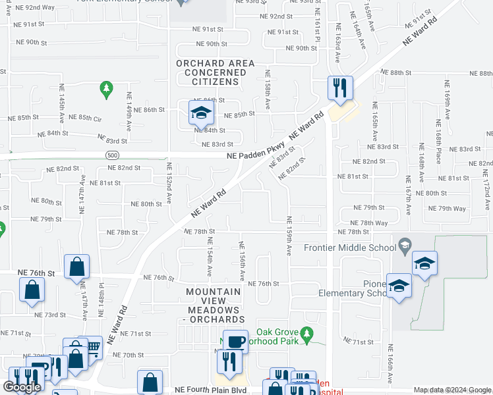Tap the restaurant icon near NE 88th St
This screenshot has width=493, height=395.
coord(340,88)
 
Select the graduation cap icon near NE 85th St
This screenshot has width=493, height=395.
coord(201,113)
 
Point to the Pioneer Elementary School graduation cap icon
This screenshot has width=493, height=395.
coord(399,286)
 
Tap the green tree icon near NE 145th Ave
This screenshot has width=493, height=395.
coord(105,88)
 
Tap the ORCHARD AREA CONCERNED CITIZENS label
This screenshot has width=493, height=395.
coord(206,72)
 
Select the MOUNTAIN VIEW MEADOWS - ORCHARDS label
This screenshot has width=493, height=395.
coord(216,305)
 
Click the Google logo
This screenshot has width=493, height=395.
coord(22,387)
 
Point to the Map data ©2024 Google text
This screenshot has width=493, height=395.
coord(451,390)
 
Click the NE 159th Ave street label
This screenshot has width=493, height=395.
coord(289,236)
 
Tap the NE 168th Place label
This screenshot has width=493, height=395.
coord(438,146)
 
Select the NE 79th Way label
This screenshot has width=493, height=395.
coord(447,209)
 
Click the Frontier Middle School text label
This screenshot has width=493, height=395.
coord(349,248)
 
